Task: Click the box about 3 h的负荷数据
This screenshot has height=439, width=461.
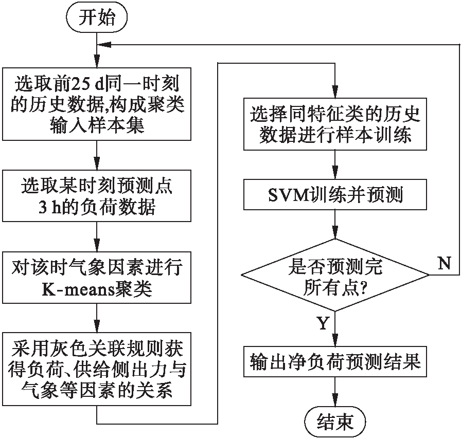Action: tap(97, 196)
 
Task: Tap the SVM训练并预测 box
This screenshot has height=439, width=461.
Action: tap(336, 196)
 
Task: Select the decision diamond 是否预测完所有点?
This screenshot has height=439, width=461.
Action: tap(336, 275)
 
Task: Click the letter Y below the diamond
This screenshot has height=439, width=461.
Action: tap(323, 324)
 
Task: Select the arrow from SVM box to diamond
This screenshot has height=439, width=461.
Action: tap(336, 224)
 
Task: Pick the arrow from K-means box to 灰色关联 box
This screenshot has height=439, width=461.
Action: tap(97, 319)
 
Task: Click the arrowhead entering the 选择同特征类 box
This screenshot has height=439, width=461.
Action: tap(336, 93)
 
